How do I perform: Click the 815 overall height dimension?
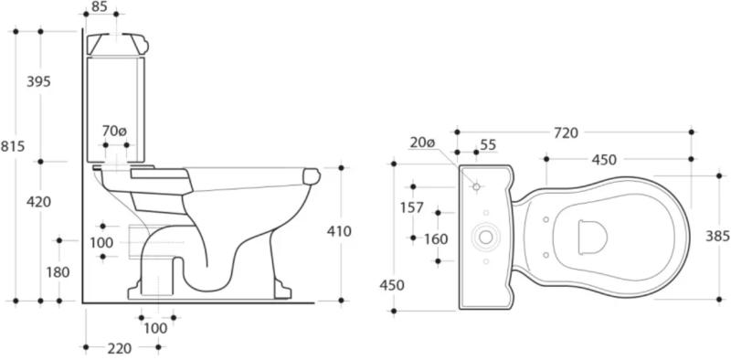tap(13, 146)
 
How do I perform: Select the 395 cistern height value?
tap(38, 81)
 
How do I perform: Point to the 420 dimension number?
tap(38, 202)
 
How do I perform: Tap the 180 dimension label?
tap(58, 272)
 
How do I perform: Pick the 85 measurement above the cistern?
tap(100, 6)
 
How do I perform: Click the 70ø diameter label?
tap(114, 132)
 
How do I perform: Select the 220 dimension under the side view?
tap(119, 348)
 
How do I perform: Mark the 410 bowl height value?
tap(339, 231)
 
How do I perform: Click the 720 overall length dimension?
tap(566, 133)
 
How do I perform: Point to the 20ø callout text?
tap(422, 143)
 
